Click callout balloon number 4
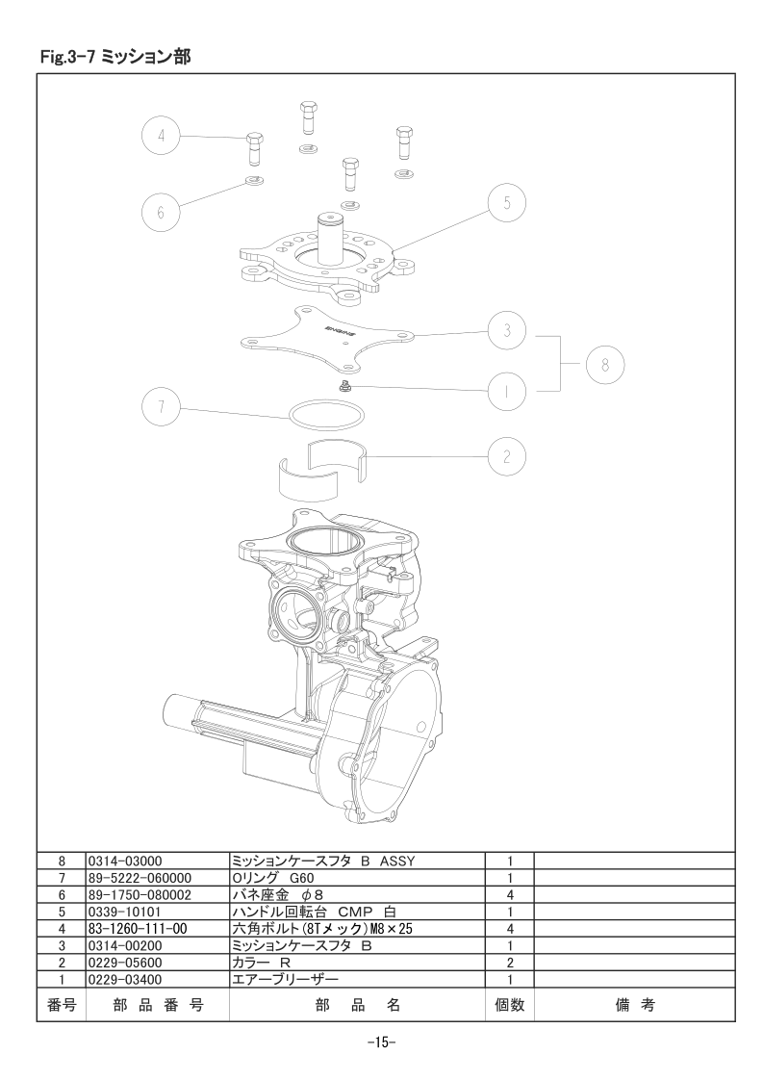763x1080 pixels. coord(161,135)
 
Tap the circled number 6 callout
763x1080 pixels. coord(161,212)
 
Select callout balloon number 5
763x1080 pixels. coord(507,203)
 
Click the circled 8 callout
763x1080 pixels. coord(605,365)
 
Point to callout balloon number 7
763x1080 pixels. coord(161,405)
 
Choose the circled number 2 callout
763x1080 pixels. coord(507,456)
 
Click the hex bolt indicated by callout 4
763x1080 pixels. coord(254,147)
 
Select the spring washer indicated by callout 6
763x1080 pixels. coord(256,182)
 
